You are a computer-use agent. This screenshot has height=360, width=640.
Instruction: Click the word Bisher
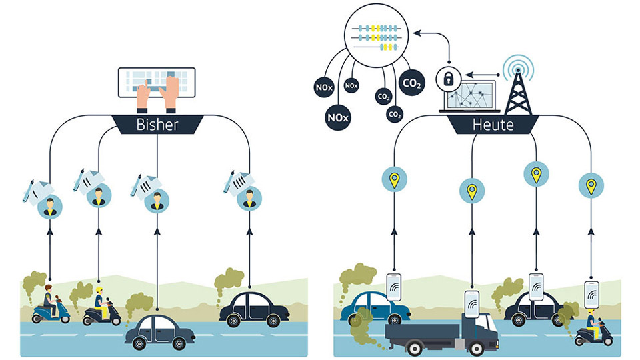tap(157, 125)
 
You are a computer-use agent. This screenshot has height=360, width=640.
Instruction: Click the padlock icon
tap(448, 79)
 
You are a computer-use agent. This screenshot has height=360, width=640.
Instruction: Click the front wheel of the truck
tap(478, 347)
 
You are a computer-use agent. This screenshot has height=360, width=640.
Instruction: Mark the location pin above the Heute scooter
tap(589, 185)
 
